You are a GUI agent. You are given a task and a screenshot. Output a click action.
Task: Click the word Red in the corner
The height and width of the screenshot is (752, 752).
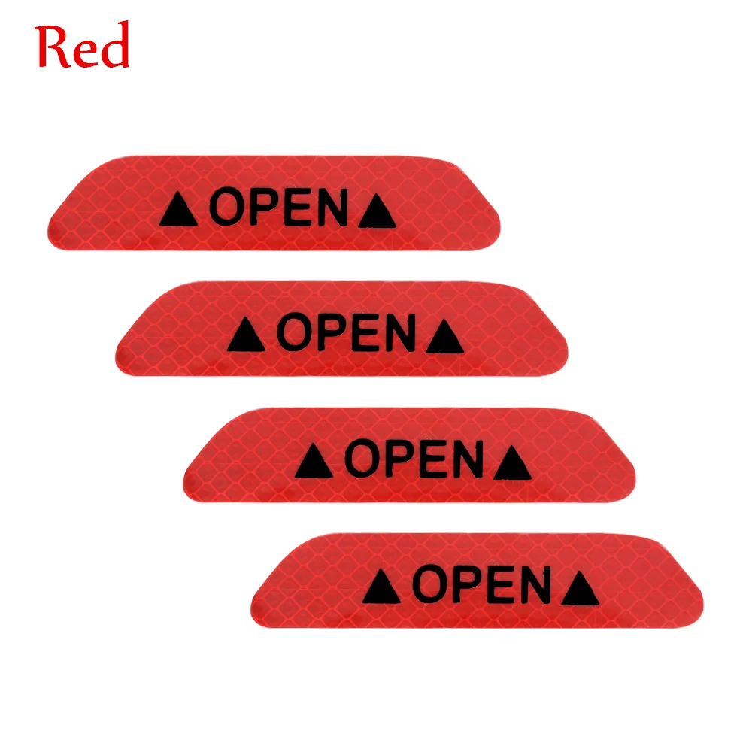coord(83,47)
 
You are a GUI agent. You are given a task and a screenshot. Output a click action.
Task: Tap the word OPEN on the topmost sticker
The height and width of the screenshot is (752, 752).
coord(278,208)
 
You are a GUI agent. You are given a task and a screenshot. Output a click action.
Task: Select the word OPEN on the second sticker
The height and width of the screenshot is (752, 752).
coord(346,333)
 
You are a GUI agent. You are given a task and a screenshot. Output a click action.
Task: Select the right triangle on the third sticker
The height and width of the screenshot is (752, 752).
coord(512,464)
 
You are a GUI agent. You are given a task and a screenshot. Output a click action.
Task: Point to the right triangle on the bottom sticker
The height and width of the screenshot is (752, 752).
coord(581,590)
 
